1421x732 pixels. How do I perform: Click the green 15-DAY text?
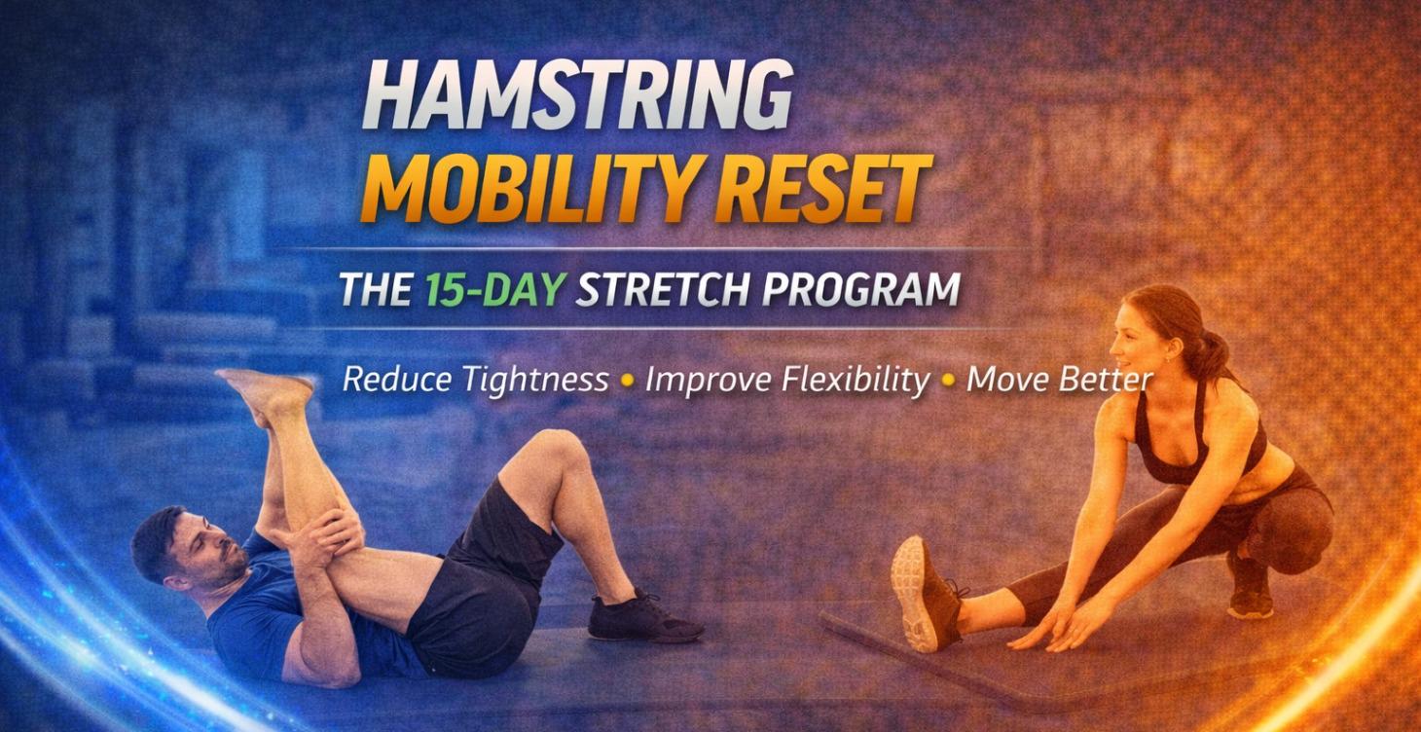[495, 290]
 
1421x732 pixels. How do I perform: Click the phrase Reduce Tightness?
[475, 380]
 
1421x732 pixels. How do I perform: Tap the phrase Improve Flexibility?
[786, 380]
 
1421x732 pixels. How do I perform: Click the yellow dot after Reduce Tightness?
[627, 382]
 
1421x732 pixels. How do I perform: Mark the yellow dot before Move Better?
[947, 382]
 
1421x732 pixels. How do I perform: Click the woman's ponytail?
[1212, 350]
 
